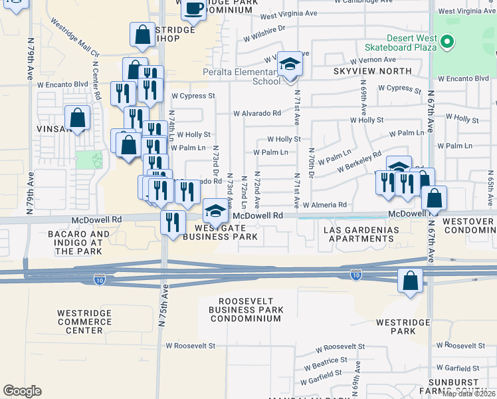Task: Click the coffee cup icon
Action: (x=193, y=9)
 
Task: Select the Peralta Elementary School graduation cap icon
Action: (x=289, y=66)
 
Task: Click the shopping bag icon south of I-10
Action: (x=411, y=281)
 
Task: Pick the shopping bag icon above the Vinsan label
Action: (x=78, y=118)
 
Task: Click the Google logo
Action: (x=22, y=391)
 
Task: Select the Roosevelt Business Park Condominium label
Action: (x=245, y=309)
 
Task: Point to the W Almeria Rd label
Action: (x=324, y=205)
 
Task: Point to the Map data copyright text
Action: (x=468, y=394)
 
